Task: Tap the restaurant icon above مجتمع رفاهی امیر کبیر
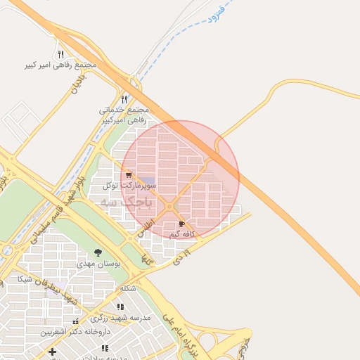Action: pos(60,53)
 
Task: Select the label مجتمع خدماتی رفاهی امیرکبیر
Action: pos(124,115)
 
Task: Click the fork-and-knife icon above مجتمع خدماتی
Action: pos(124,99)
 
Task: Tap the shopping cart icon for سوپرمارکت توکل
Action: pos(128,175)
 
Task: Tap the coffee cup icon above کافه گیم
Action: pos(183,224)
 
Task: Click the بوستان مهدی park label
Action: pos(98,264)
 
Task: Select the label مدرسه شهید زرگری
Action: pos(121,318)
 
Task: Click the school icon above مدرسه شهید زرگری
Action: pos(121,307)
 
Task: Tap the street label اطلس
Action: pos(145,229)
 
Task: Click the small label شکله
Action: pos(128,288)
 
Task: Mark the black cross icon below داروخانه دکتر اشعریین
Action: pos(52,351)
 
